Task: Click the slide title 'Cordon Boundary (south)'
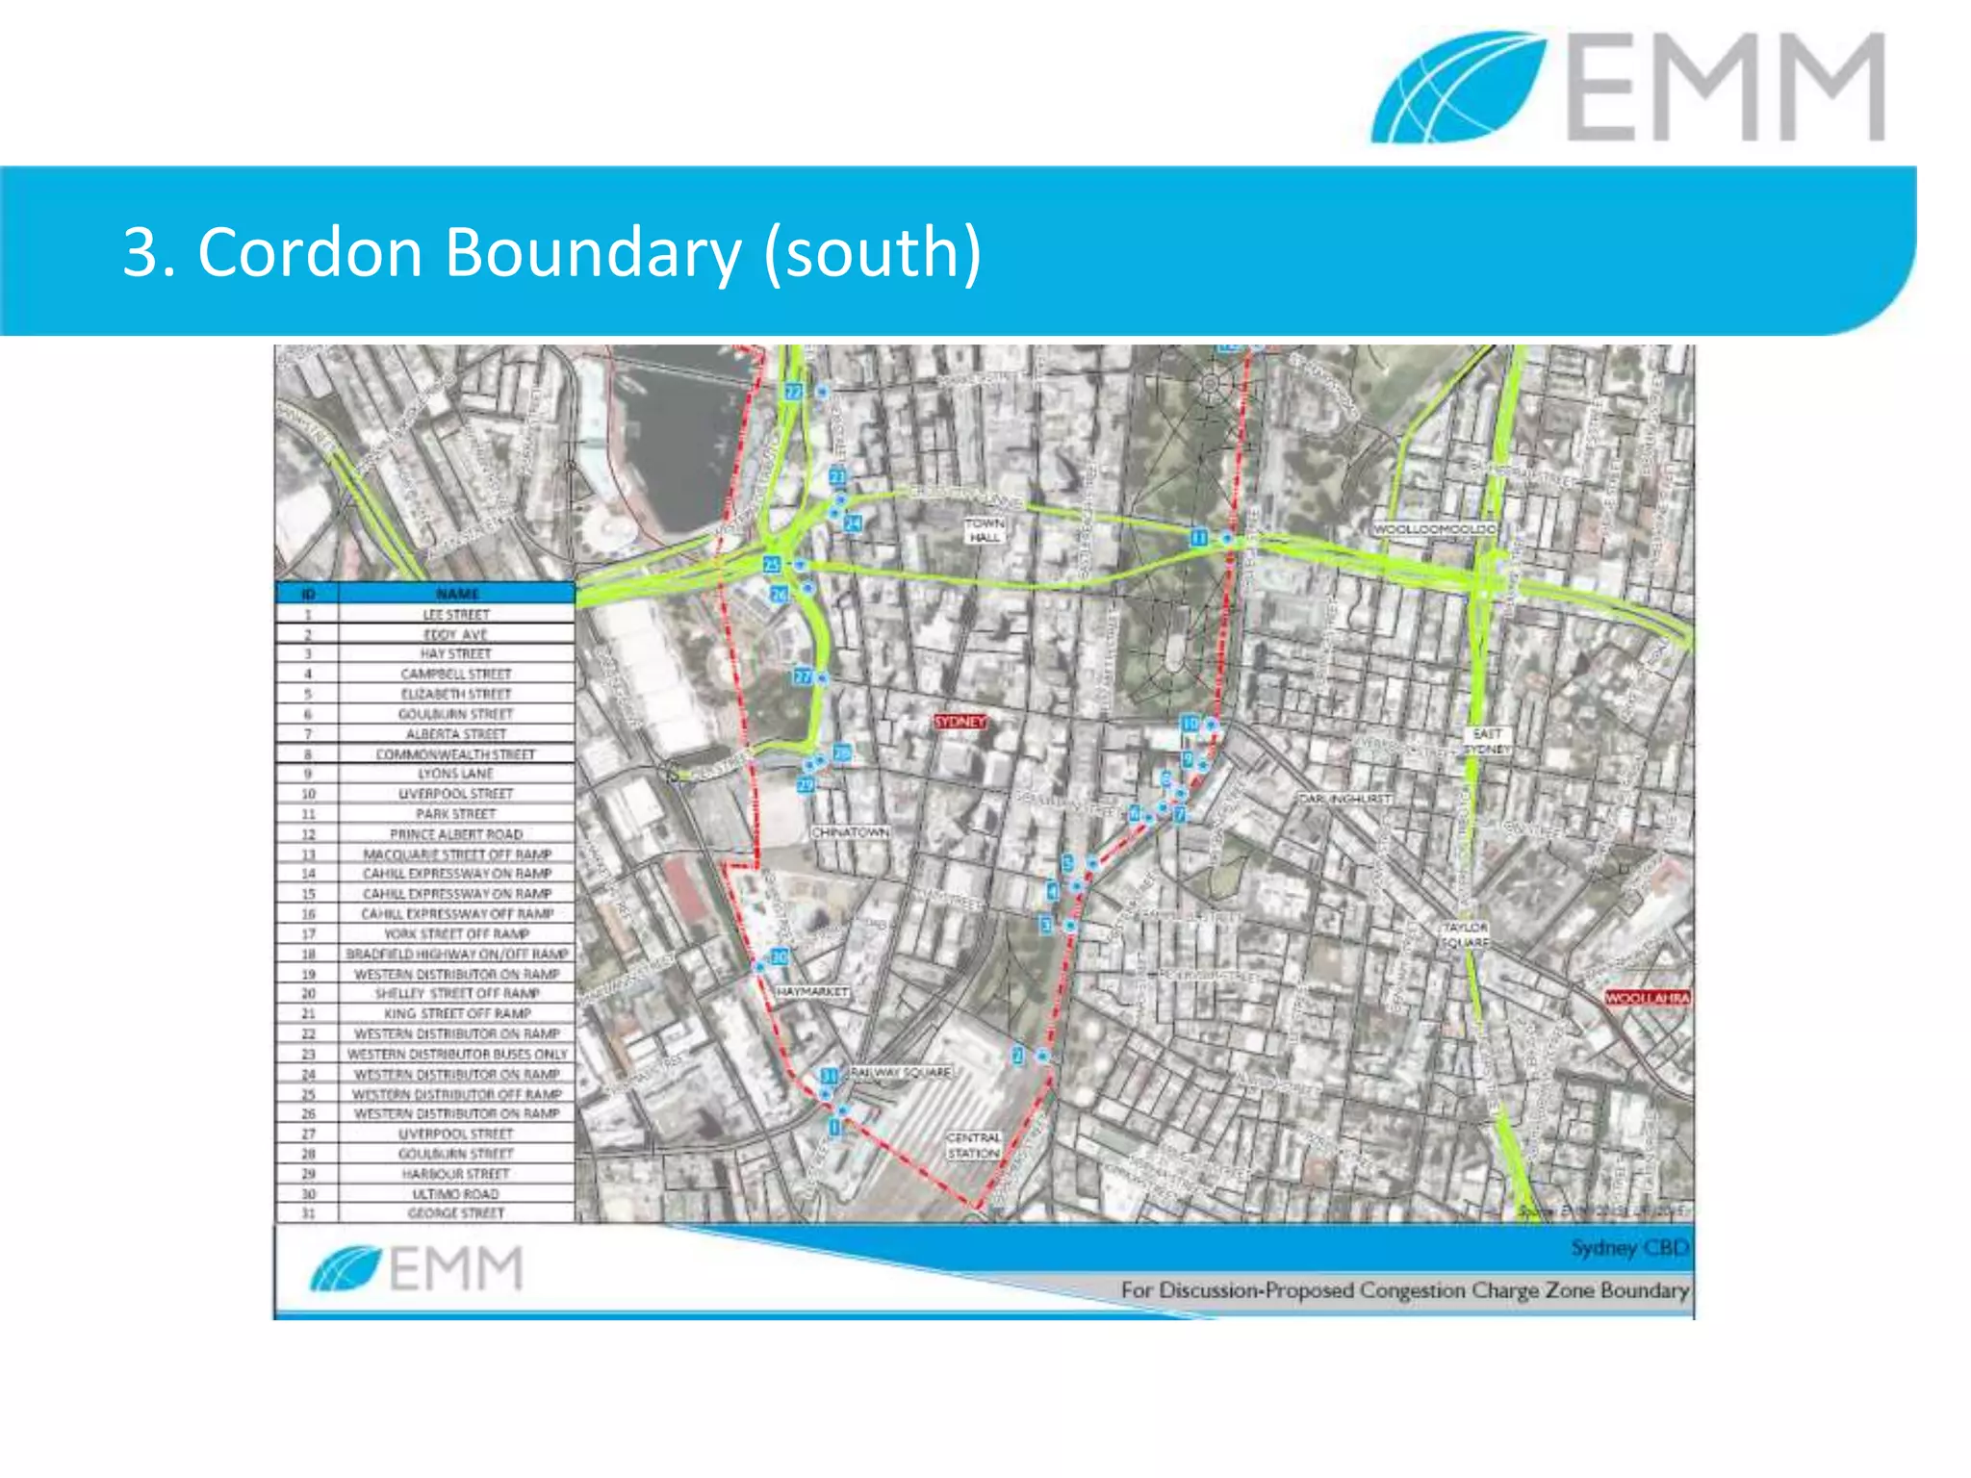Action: pyautogui.click(x=551, y=252)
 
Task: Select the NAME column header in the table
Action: pyautogui.click(x=457, y=594)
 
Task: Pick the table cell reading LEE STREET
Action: pyautogui.click(x=456, y=614)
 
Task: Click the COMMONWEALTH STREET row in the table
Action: pyautogui.click(x=456, y=754)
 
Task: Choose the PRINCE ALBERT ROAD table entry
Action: pyautogui.click(x=456, y=834)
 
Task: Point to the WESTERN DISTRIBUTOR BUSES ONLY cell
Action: pyautogui.click(x=456, y=1054)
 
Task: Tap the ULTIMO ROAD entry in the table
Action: pyautogui.click(x=456, y=1194)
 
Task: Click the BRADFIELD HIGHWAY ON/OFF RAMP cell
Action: pyautogui.click(x=456, y=954)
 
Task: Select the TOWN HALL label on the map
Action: pyautogui.click(x=984, y=530)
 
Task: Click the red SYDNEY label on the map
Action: pyautogui.click(x=960, y=722)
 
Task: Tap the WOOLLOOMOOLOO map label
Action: pyautogui.click(x=1434, y=529)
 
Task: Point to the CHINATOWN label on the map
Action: pyautogui.click(x=850, y=831)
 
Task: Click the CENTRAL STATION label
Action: pyautogui.click(x=974, y=1145)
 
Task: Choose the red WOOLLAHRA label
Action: pyautogui.click(x=1648, y=998)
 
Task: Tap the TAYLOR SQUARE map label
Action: pyautogui.click(x=1465, y=934)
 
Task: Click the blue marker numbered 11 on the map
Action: pyautogui.click(x=1199, y=538)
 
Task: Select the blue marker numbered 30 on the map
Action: pyautogui.click(x=780, y=956)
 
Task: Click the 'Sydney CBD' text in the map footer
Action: pyautogui.click(x=1629, y=1248)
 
